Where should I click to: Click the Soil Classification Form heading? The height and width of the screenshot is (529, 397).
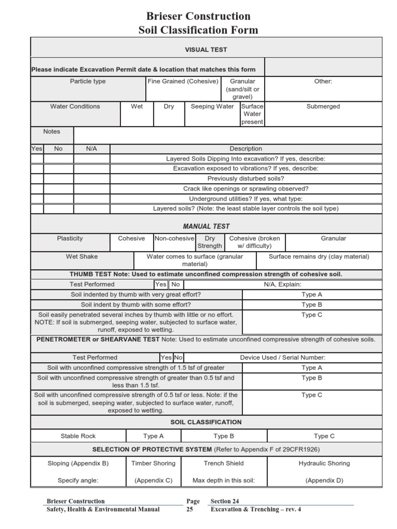pyautogui.click(x=198, y=30)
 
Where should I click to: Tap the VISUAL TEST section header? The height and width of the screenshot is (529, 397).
pyautogui.click(x=206, y=50)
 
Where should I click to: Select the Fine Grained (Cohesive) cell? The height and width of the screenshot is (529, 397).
pyautogui.click(x=184, y=82)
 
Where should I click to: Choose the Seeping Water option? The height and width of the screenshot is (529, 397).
pyautogui.click(x=212, y=106)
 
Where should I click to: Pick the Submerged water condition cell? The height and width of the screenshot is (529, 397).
pyautogui.click(x=323, y=106)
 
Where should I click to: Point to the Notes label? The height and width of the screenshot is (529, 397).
pyautogui.click(x=52, y=132)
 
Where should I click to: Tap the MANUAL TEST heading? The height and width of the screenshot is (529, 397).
pyautogui.click(x=206, y=226)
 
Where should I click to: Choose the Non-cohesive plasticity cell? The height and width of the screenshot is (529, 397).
pyautogui.click(x=174, y=239)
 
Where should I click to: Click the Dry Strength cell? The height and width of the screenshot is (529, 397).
pyautogui.click(x=210, y=242)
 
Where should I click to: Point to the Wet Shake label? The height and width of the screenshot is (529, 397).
pyautogui.click(x=82, y=256)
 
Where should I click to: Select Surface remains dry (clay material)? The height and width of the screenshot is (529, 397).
pyautogui.click(x=319, y=256)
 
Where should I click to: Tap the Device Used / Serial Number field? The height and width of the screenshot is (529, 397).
pyautogui.click(x=283, y=357)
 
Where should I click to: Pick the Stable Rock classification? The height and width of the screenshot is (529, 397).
pyautogui.click(x=78, y=436)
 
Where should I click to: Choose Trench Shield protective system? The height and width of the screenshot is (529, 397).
pyautogui.click(x=224, y=463)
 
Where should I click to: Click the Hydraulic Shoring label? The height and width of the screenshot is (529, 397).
pyautogui.click(x=324, y=463)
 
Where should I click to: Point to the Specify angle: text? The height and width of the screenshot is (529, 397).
pyautogui.click(x=78, y=480)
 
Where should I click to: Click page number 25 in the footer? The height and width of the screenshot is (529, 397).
pyautogui.click(x=190, y=509)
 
